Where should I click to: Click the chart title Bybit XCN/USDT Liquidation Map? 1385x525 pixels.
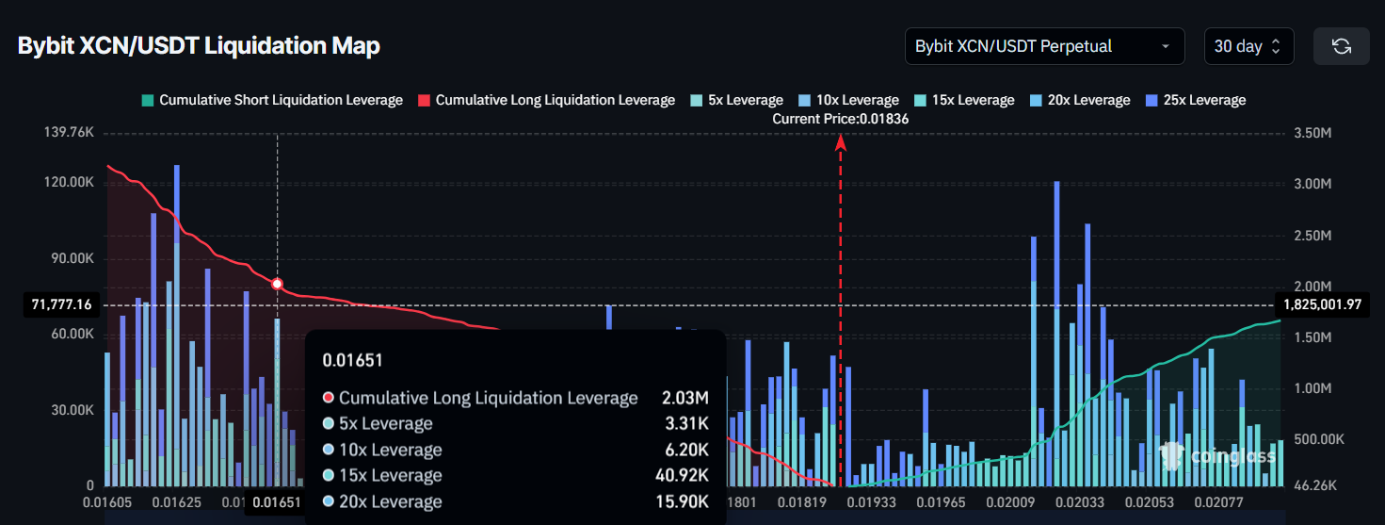[x=199, y=46]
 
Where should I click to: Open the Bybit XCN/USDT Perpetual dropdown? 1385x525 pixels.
[x=1044, y=46]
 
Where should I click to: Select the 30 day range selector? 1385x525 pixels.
[x=1248, y=46]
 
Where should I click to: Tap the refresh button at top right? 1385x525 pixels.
[x=1341, y=46]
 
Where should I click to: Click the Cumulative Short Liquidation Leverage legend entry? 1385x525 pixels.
[x=272, y=100]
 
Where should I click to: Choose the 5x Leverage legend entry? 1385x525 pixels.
[x=736, y=100]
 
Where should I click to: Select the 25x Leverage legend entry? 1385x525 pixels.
[x=1195, y=100]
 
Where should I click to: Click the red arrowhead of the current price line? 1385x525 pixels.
[x=840, y=142]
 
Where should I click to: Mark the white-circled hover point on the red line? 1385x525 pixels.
[x=277, y=284]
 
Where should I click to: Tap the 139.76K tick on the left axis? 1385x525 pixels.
[x=69, y=133]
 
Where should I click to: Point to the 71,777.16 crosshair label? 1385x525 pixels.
[x=61, y=304]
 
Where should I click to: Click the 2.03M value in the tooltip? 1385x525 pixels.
[x=684, y=398]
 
